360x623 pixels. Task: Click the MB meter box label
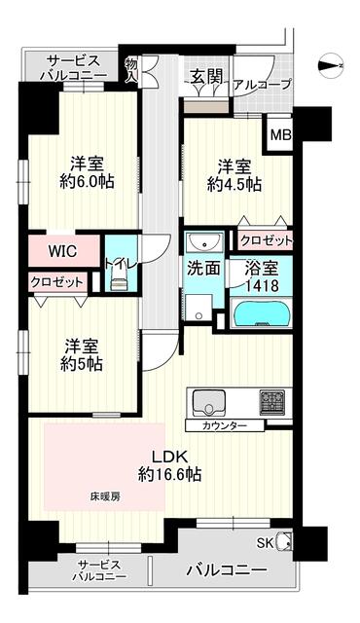click(x=281, y=135)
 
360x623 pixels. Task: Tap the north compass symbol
click(x=331, y=66)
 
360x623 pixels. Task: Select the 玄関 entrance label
click(x=205, y=77)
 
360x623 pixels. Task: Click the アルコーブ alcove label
click(x=263, y=85)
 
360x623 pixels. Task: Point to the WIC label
click(x=62, y=251)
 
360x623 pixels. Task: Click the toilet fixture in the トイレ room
click(x=119, y=277)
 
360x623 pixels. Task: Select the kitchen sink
click(x=208, y=402)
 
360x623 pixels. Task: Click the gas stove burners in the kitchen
click(x=272, y=402)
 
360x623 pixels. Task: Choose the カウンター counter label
click(x=224, y=426)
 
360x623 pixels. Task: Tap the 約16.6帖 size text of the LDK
click(x=169, y=474)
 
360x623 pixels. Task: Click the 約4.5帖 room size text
click(x=234, y=184)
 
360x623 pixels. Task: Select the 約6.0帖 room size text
click(x=87, y=181)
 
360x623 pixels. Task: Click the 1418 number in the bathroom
click(x=262, y=285)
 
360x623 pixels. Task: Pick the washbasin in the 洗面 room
click(x=203, y=240)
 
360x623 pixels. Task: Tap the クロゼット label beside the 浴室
click(x=267, y=240)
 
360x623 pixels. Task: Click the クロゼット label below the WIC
click(x=57, y=282)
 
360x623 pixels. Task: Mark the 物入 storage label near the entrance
click(x=130, y=71)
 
